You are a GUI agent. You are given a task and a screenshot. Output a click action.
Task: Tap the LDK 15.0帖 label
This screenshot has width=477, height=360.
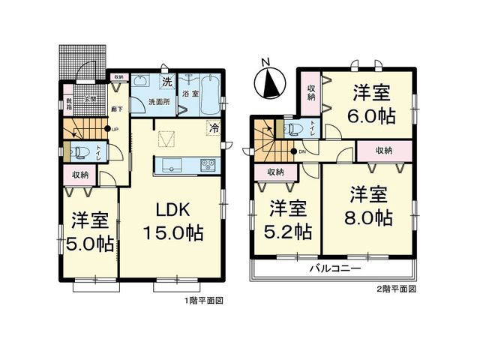[x=173, y=219]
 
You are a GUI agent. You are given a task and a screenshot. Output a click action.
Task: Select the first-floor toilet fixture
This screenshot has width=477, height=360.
[x=79, y=152]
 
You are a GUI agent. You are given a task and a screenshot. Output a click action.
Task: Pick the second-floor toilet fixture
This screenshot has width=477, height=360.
[x=295, y=129]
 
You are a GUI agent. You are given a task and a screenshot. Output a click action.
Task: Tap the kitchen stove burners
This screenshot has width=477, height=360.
[x=206, y=166]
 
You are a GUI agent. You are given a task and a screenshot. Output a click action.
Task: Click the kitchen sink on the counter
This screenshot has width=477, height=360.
[x=169, y=165]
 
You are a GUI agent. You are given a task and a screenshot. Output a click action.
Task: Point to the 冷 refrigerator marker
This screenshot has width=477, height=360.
[x=214, y=128]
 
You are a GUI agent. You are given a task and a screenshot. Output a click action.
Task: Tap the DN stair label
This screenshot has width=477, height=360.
[x=302, y=154]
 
